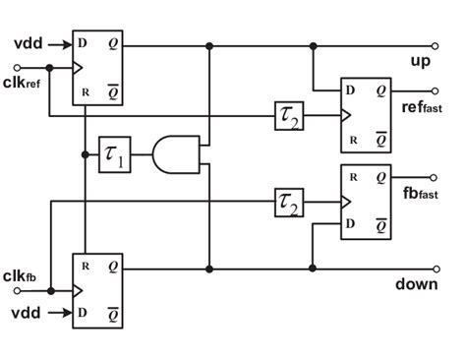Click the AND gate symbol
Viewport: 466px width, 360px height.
coord(173,154)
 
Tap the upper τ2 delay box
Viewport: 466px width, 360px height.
coord(290,117)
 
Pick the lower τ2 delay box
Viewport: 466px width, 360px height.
coord(290,204)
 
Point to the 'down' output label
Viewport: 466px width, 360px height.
coord(415,284)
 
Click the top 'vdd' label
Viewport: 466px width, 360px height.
coord(28,42)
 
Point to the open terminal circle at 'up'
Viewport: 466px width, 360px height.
coord(435,45)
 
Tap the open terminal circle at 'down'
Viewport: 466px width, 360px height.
coord(435,268)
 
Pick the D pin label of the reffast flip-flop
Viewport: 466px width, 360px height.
coord(349,90)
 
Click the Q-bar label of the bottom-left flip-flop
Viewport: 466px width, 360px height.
coord(115,314)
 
